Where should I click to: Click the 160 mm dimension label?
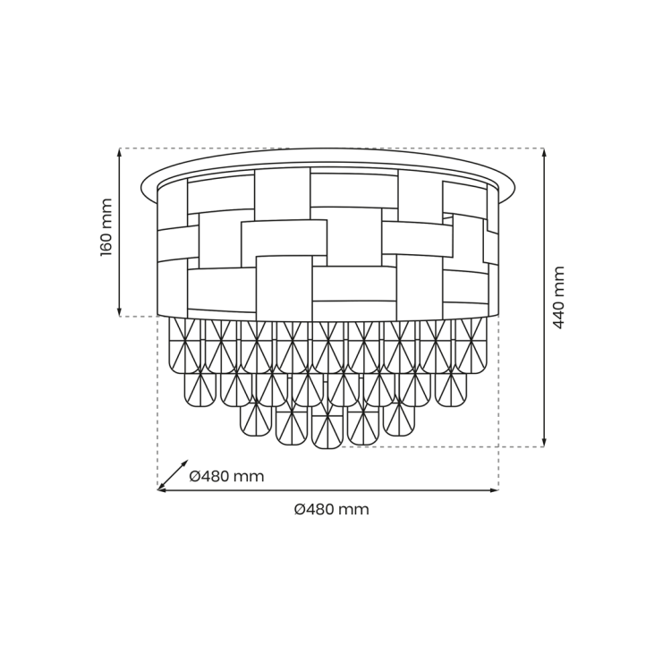(x=106, y=227)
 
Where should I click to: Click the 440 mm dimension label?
(x=559, y=297)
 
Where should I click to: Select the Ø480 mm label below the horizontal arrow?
(x=332, y=509)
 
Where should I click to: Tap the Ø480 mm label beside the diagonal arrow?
(x=227, y=476)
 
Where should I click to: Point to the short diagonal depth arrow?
(x=173, y=475)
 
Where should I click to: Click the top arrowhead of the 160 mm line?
(x=120, y=151)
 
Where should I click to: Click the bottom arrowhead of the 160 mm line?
(x=120, y=313)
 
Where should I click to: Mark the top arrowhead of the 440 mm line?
(x=544, y=152)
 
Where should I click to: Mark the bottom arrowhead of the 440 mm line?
(x=544, y=443)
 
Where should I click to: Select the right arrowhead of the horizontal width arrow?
(x=494, y=490)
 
